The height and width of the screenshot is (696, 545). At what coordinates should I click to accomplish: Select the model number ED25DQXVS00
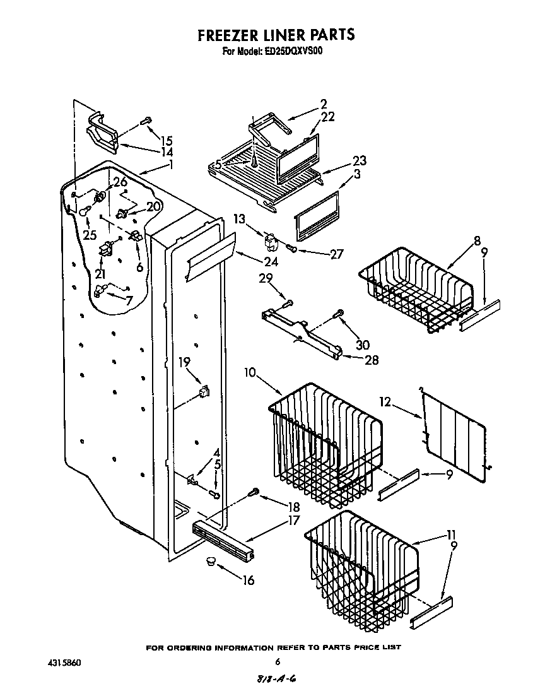[291, 52]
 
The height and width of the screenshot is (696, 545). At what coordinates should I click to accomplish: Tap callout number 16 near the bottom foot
[248, 580]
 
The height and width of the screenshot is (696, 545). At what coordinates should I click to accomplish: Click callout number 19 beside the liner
[184, 362]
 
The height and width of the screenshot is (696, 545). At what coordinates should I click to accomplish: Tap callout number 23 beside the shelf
[359, 161]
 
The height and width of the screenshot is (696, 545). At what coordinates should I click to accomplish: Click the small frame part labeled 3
[317, 218]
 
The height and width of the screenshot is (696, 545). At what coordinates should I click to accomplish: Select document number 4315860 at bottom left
[64, 663]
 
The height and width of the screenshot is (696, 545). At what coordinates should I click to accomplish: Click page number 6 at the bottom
[277, 662]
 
